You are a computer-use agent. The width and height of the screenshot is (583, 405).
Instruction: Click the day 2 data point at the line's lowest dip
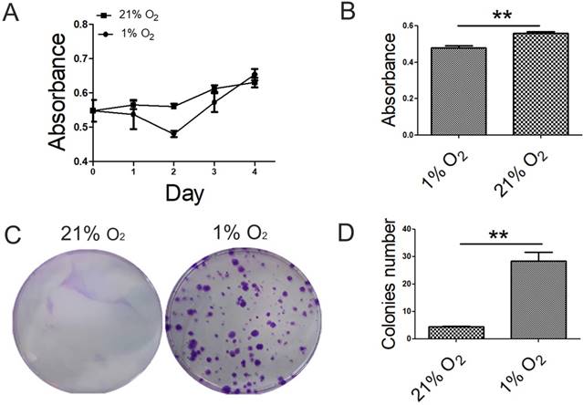point(172,134)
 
